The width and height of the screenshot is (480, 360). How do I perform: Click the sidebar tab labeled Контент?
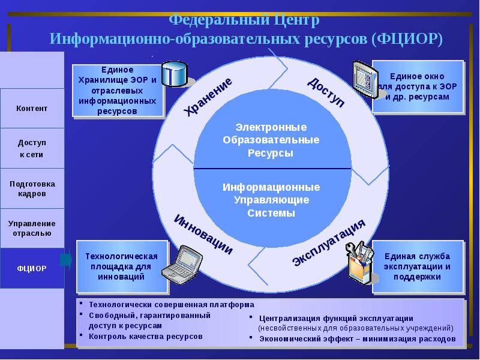(32, 108)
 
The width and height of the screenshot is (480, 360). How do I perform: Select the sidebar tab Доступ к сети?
(32, 148)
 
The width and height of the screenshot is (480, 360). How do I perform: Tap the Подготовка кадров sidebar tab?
(32, 188)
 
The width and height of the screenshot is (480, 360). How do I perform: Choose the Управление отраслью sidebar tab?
(32, 228)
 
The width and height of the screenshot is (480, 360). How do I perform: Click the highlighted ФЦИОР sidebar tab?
(32, 268)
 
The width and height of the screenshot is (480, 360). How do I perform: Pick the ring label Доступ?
(326, 92)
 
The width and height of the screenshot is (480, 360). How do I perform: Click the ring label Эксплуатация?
(329, 243)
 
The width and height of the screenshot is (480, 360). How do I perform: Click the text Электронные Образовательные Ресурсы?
(271, 140)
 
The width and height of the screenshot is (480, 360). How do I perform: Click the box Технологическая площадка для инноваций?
(121, 266)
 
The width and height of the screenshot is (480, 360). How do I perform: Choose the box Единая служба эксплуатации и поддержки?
(418, 266)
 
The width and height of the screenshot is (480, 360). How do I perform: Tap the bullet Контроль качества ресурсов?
(146, 336)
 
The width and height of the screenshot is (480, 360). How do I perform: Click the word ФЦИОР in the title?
(407, 39)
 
